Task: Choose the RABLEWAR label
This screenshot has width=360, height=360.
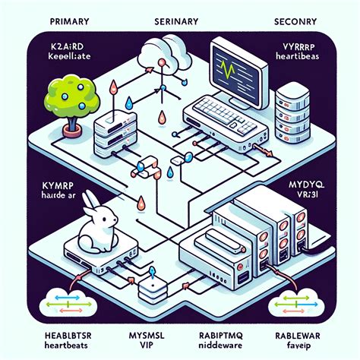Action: coord(307,333)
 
